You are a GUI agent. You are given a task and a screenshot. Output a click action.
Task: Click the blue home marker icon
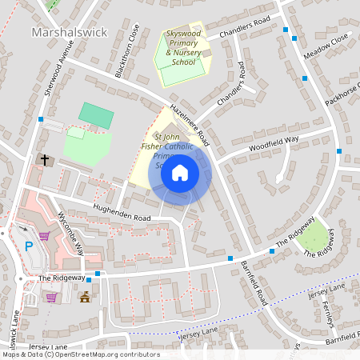click(x=180, y=172)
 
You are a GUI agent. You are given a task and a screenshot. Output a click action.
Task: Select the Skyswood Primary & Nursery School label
click(x=183, y=49)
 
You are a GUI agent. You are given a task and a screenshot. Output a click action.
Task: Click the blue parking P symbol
click(x=29, y=246)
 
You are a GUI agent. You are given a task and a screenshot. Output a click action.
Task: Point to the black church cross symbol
click(x=45, y=160)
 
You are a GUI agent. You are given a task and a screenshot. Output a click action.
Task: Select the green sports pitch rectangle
click(x=96, y=114)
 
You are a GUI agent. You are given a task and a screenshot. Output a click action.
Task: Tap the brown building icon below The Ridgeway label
click(x=85, y=298)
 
